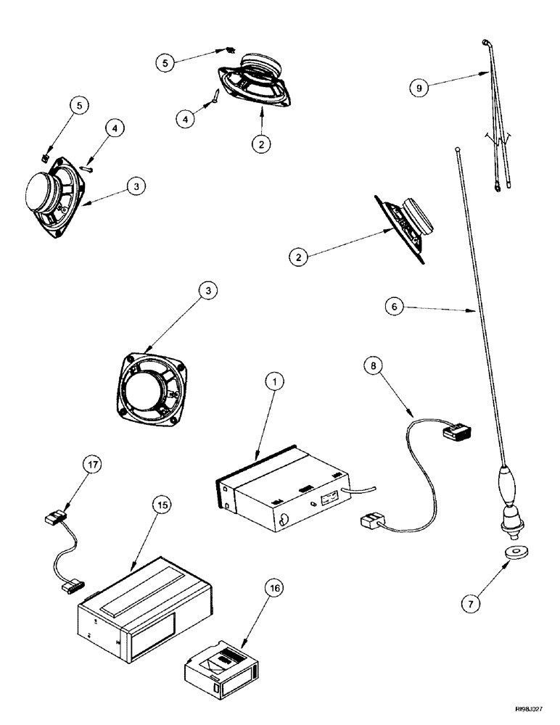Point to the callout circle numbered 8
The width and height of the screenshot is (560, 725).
372,368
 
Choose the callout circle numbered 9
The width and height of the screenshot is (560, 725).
419,88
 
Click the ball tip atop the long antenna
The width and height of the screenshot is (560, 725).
458,150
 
